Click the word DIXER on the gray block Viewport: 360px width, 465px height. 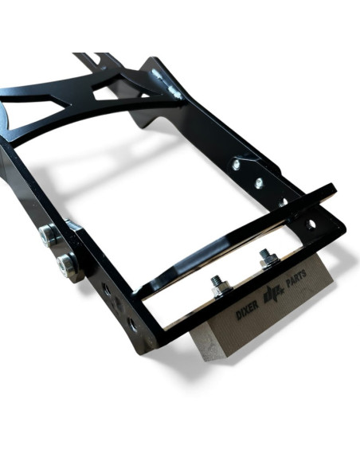click(x=247, y=311)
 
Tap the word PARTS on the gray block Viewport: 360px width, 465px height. click(x=295, y=278)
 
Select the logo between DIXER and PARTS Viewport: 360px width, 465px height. click(x=272, y=294)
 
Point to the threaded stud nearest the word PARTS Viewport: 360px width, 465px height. click(x=268, y=258)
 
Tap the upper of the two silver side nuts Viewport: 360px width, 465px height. click(x=48, y=235)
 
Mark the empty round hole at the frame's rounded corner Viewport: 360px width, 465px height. click(x=311, y=225)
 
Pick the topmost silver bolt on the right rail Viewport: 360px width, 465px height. click(x=237, y=164)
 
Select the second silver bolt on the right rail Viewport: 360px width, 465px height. click(x=259, y=183)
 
